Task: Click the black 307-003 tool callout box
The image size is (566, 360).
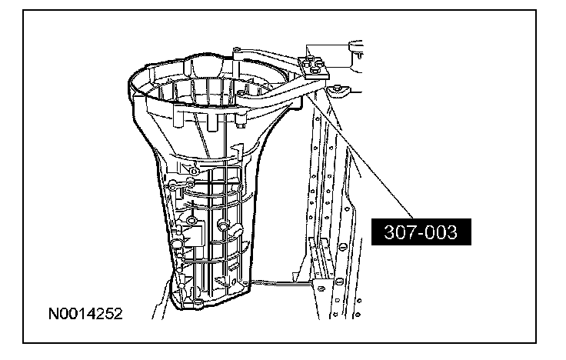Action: tap(421, 232)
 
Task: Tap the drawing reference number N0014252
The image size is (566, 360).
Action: tap(85, 314)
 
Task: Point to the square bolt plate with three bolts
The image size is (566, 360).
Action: tap(314, 68)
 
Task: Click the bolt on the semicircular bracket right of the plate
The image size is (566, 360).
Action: tap(338, 87)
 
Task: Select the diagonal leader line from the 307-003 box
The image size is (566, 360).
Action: tap(360, 155)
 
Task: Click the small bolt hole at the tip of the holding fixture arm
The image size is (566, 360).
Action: tap(236, 49)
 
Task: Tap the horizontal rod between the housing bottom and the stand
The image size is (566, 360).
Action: tap(282, 283)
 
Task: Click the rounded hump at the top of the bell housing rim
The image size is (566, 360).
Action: tap(203, 65)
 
